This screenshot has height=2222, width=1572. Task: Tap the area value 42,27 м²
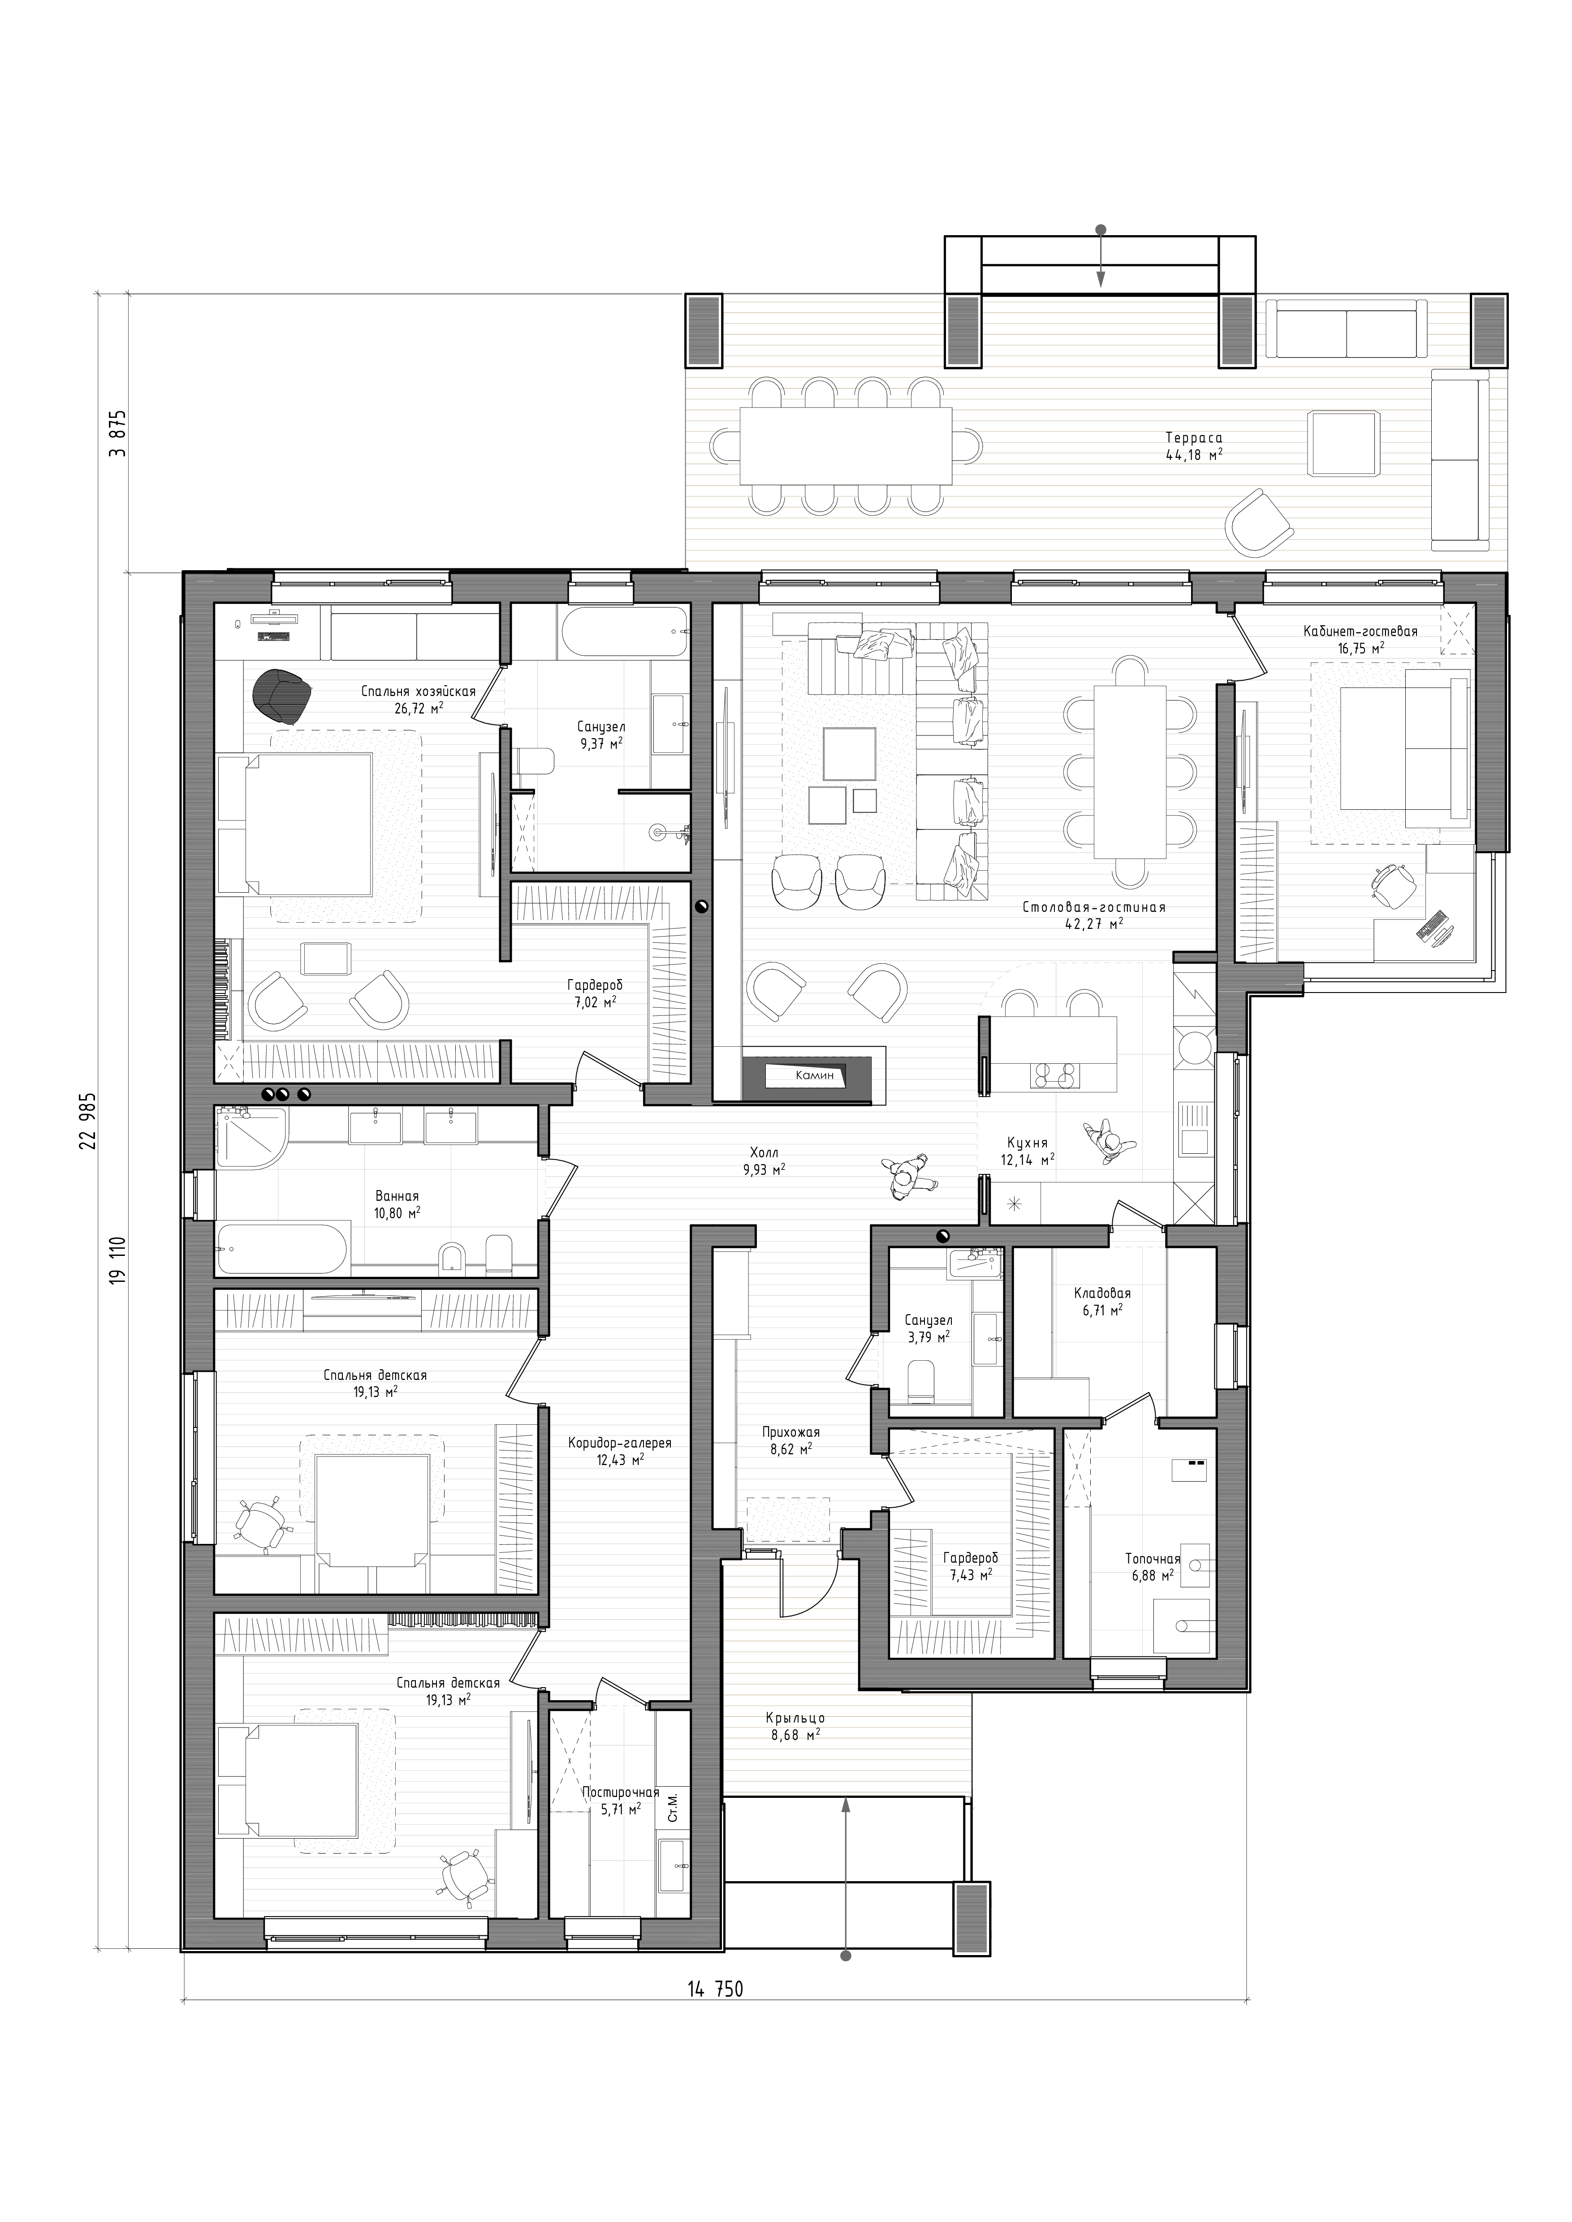[x=1093, y=924]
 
